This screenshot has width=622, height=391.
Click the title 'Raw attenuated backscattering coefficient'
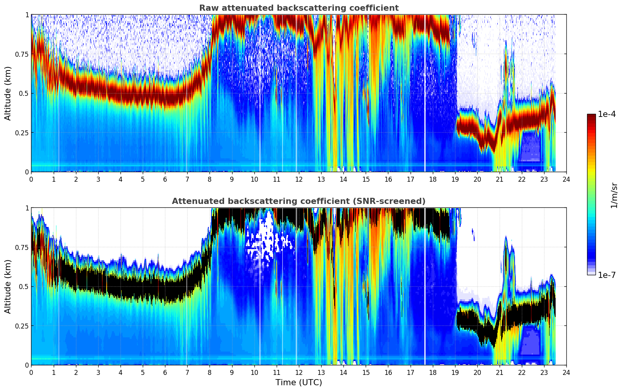coord(299,8)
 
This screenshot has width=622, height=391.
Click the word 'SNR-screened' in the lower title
coord(396,201)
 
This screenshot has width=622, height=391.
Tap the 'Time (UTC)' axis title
coord(299,383)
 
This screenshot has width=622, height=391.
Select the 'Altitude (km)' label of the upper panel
coord(8,93)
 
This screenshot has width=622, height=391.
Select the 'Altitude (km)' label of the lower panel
coord(8,286)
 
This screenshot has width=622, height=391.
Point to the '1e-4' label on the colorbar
coord(607,114)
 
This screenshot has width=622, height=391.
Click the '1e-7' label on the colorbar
coord(607,275)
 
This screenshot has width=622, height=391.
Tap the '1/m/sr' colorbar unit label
coord(614,195)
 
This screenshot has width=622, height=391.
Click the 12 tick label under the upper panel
coord(299,179)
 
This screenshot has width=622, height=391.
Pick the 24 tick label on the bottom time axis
coord(566,373)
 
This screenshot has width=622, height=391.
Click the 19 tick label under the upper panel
coord(455,179)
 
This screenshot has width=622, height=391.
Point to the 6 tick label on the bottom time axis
coord(165,373)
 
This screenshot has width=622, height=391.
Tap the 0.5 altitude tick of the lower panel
coord(23,286)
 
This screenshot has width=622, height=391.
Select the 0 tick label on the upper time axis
coord(31,179)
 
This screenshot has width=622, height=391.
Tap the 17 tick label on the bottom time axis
coord(410,373)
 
